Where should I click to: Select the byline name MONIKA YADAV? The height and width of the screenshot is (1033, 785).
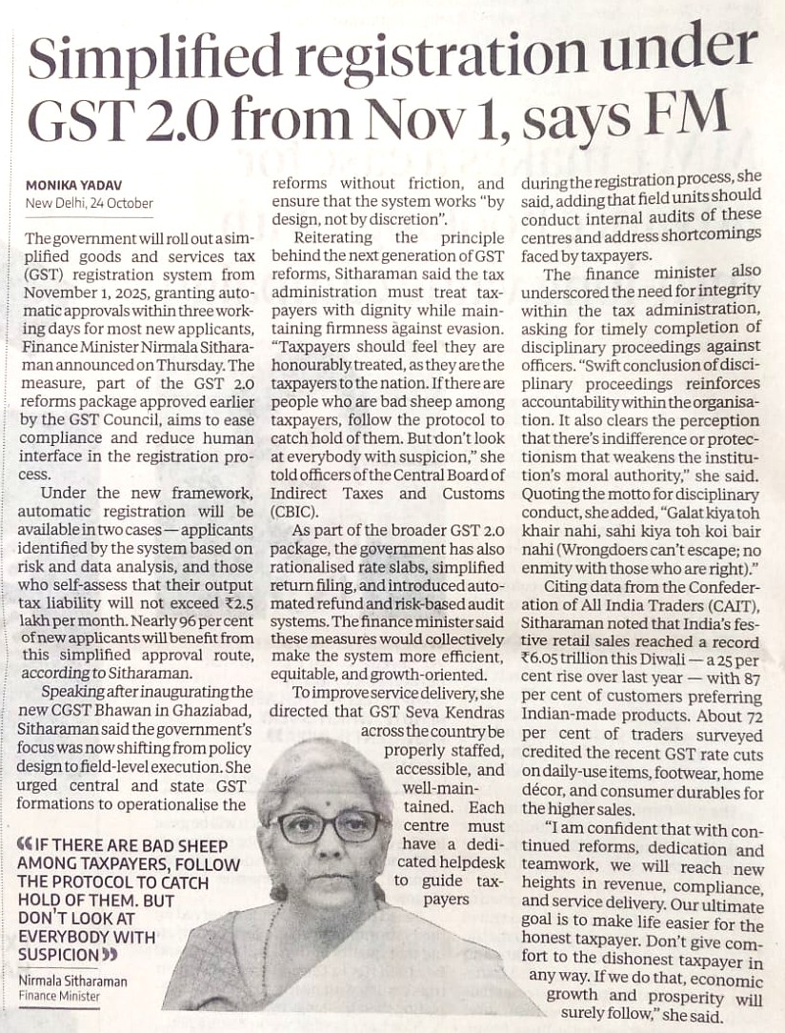[x=69, y=185]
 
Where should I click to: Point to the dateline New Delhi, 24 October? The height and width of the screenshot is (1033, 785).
[x=90, y=203]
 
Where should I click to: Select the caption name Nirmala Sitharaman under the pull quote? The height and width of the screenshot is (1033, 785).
[x=72, y=981]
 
